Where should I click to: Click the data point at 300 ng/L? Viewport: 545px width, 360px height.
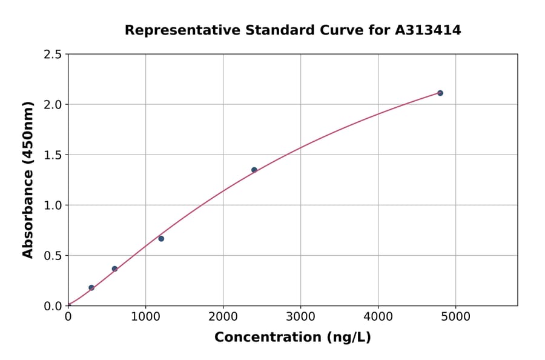click(91, 288)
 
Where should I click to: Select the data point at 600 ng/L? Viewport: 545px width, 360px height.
click(114, 268)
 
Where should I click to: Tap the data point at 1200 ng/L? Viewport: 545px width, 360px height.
click(161, 239)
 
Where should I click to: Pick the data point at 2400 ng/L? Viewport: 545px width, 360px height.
click(254, 170)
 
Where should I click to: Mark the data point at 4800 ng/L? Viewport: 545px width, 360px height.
click(440, 93)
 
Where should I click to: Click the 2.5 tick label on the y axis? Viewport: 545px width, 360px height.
click(53, 55)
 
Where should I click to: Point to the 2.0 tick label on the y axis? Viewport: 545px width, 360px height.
click(53, 105)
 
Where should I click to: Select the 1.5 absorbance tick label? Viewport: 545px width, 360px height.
click(53, 155)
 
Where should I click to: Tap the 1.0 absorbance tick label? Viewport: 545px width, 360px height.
click(53, 205)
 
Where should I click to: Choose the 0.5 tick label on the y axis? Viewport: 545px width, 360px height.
click(53, 256)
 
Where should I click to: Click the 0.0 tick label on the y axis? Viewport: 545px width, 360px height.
click(53, 306)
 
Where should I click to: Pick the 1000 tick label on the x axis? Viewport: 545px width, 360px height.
click(145, 316)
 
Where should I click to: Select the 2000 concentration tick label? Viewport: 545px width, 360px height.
click(223, 316)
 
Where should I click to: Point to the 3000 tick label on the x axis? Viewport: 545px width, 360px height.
click(300, 316)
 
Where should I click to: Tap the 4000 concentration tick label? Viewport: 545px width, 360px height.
click(378, 316)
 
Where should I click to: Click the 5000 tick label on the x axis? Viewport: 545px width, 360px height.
click(456, 316)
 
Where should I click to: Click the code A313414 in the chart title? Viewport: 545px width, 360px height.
click(428, 30)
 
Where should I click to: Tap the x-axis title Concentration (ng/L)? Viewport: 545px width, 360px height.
click(292, 338)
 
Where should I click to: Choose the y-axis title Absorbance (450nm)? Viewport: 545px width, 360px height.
click(28, 179)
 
